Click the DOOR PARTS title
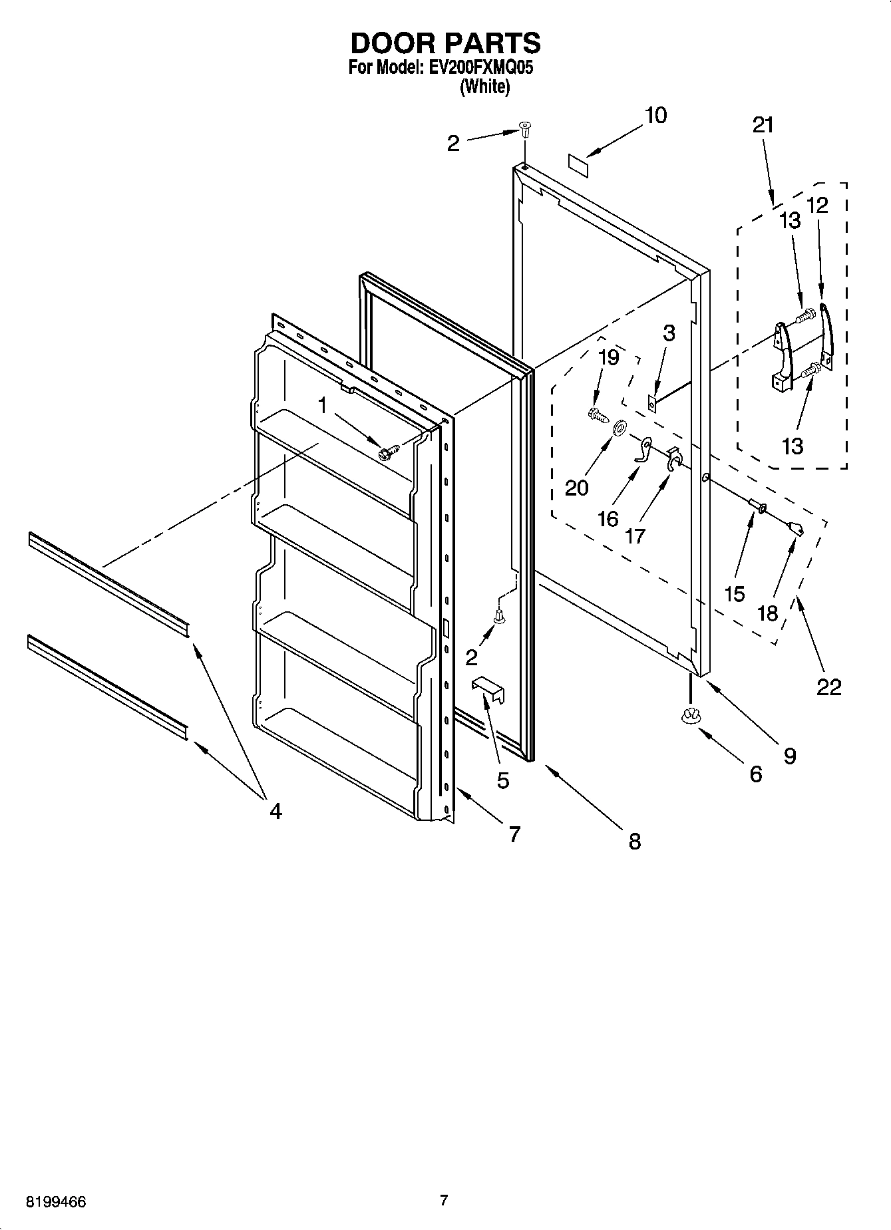click(x=445, y=43)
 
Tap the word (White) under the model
click(x=484, y=86)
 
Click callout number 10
click(x=655, y=116)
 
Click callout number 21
click(x=763, y=125)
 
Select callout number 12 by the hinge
click(x=817, y=205)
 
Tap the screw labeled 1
click(x=387, y=453)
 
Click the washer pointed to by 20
click(x=618, y=428)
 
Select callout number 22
click(x=828, y=687)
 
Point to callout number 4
click(x=275, y=811)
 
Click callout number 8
click(x=634, y=841)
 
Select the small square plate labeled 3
click(x=653, y=401)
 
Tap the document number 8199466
click(x=56, y=1202)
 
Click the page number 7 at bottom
click(x=445, y=1200)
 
